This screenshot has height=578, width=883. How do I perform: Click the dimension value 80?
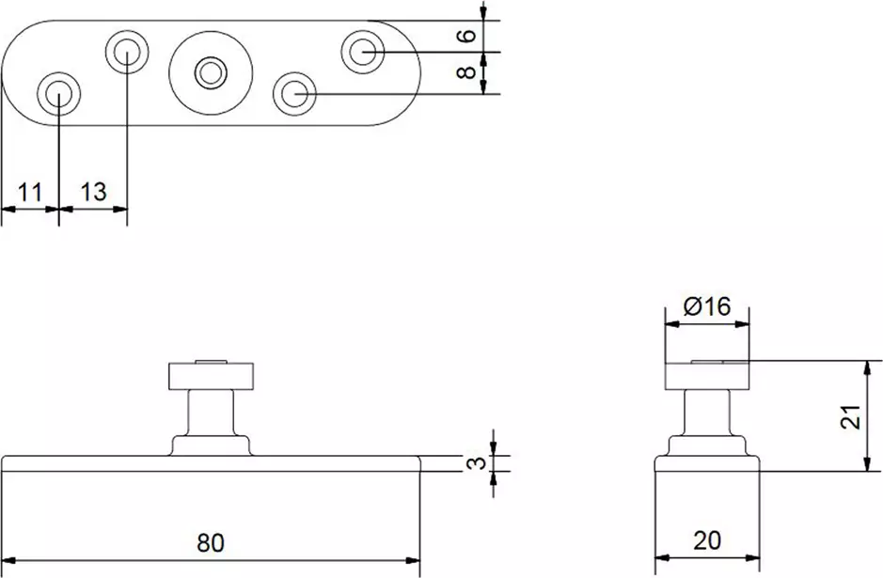[x=211, y=542]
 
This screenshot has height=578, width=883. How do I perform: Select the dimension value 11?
[x=30, y=193]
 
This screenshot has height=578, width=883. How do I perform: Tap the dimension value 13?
[x=93, y=192]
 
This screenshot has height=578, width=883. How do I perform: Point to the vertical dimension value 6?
[x=466, y=36]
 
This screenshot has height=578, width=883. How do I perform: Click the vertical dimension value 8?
[x=466, y=72]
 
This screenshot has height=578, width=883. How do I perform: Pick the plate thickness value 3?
[x=477, y=463]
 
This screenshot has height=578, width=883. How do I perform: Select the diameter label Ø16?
[x=707, y=306]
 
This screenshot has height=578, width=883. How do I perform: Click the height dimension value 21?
[x=851, y=416]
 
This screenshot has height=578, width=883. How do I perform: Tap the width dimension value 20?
[x=707, y=540]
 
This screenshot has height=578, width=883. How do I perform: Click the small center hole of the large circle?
[x=211, y=72]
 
